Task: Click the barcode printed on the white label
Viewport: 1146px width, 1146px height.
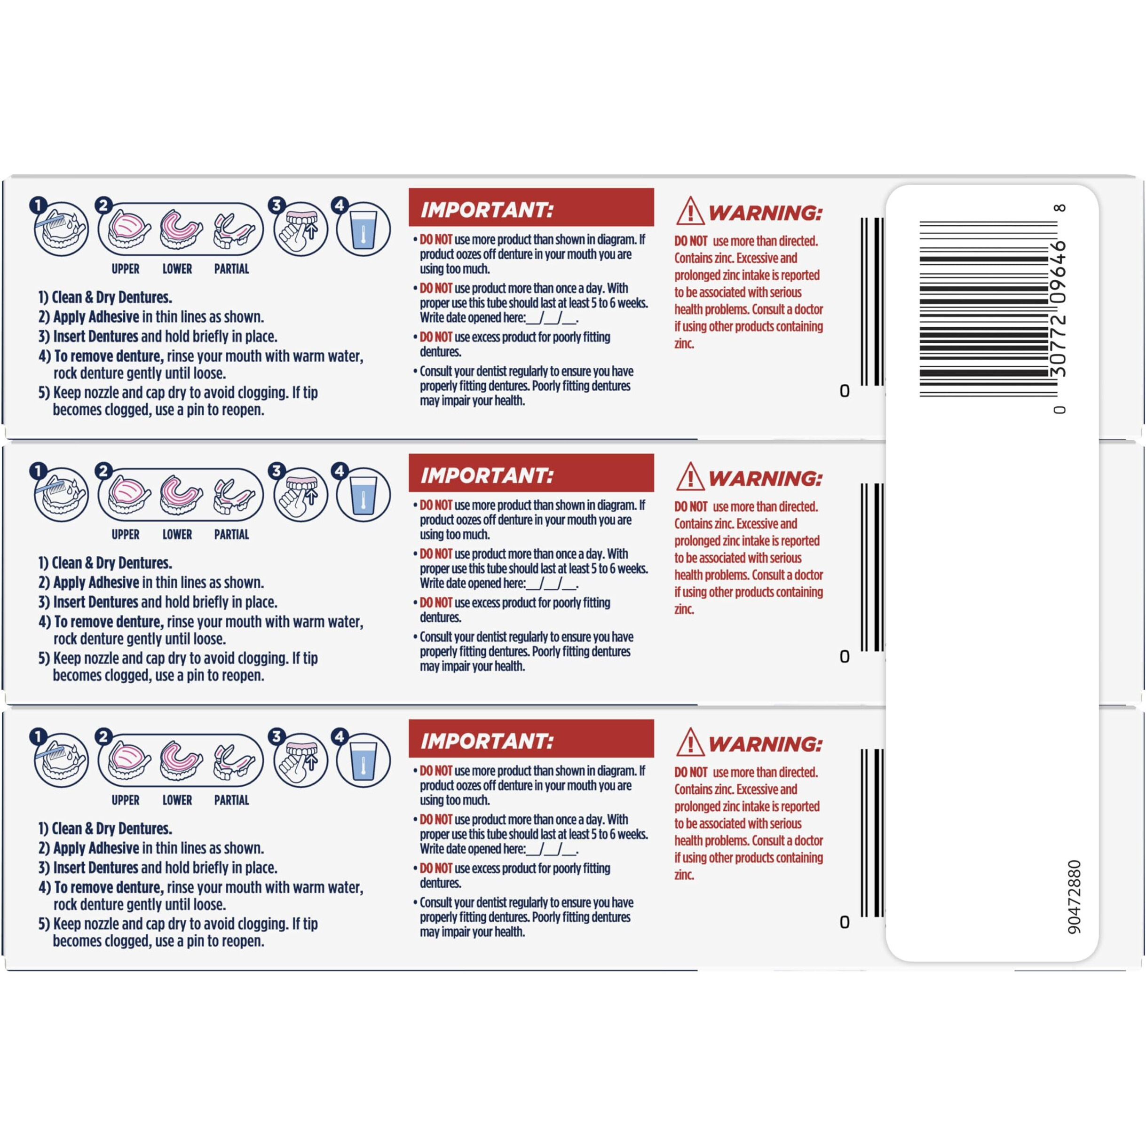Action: [x=988, y=308]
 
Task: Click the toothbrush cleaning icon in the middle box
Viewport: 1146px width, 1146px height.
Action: [x=61, y=494]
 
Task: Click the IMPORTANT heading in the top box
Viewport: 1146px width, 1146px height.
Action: [x=486, y=210]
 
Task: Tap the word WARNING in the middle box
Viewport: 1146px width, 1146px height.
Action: [x=765, y=479]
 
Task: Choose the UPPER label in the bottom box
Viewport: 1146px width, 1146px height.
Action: [x=125, y=800]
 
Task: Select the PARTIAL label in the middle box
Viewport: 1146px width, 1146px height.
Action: [x=231, y=535]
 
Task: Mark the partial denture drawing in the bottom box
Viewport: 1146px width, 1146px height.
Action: [x=234, y=761]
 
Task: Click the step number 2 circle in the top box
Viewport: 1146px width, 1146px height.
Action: [x=103, y=205]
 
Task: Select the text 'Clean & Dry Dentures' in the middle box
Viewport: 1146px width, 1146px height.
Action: [x=111, y=563]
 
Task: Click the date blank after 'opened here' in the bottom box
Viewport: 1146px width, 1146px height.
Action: [x=551, y=849]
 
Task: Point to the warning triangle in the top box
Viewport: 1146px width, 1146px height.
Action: [x=690, y=211]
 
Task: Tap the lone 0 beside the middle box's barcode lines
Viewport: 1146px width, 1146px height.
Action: [x=845, y=656]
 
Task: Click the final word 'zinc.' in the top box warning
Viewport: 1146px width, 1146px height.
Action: [x=684, y=343]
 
